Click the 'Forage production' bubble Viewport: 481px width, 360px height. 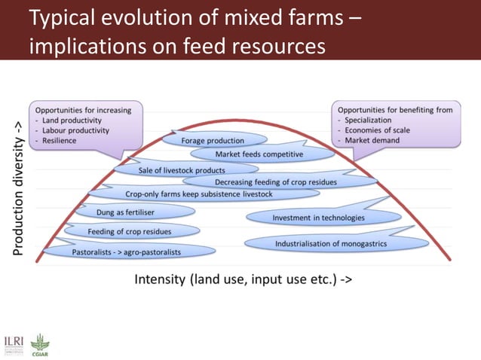213,140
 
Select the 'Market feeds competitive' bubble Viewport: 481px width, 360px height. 259,154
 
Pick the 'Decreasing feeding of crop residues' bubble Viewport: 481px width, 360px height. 275,182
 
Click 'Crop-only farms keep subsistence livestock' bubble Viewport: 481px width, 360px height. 198,194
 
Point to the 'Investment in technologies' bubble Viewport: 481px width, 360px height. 317,218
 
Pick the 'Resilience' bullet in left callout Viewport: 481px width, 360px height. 60,140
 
